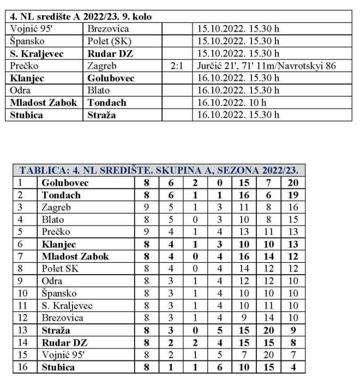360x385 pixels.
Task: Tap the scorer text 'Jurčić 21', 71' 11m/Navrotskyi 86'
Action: click(x=266, y=66)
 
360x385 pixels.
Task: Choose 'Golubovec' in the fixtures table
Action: click(x=111, y=78)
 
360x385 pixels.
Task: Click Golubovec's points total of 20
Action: click(x=293, y=183)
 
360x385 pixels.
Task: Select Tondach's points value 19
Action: click(x=293, y=195)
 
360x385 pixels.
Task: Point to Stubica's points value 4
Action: click(x=293, y=367)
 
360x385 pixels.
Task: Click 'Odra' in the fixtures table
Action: click(x=20, y=90)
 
